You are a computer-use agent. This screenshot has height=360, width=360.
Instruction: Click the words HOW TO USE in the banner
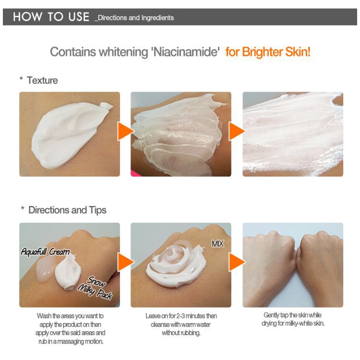[x=51, y=17]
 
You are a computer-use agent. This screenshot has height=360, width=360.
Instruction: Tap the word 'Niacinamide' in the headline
[x=185, y=52]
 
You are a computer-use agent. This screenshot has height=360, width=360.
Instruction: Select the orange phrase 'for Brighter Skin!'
[x=268, y=52]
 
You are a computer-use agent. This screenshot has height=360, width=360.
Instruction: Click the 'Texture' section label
[x=42, y=81]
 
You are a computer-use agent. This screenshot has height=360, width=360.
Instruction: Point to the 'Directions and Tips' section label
[x=67, y=210]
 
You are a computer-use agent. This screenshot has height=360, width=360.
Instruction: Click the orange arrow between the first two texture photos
[x=126, y=132]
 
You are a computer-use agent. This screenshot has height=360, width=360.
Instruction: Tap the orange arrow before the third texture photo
[x=237, y=132]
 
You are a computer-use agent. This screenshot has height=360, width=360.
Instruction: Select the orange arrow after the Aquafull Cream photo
[x=126, y=262]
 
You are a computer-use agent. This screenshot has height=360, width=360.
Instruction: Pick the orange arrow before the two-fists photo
[x=237, y=262]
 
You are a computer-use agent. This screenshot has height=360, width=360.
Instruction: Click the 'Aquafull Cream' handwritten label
[x=45, y=252]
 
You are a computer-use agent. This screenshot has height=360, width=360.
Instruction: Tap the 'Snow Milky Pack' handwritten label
[x=95, y=288]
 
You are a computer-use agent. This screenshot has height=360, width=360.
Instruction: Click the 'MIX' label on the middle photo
[x=217, y=244]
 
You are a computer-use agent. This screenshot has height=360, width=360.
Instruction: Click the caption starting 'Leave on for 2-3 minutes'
[x=181, y=324]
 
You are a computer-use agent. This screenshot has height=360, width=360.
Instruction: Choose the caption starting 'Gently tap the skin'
[x=293, y=319]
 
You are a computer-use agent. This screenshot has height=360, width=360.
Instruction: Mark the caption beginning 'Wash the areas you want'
[x=70, y=329]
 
